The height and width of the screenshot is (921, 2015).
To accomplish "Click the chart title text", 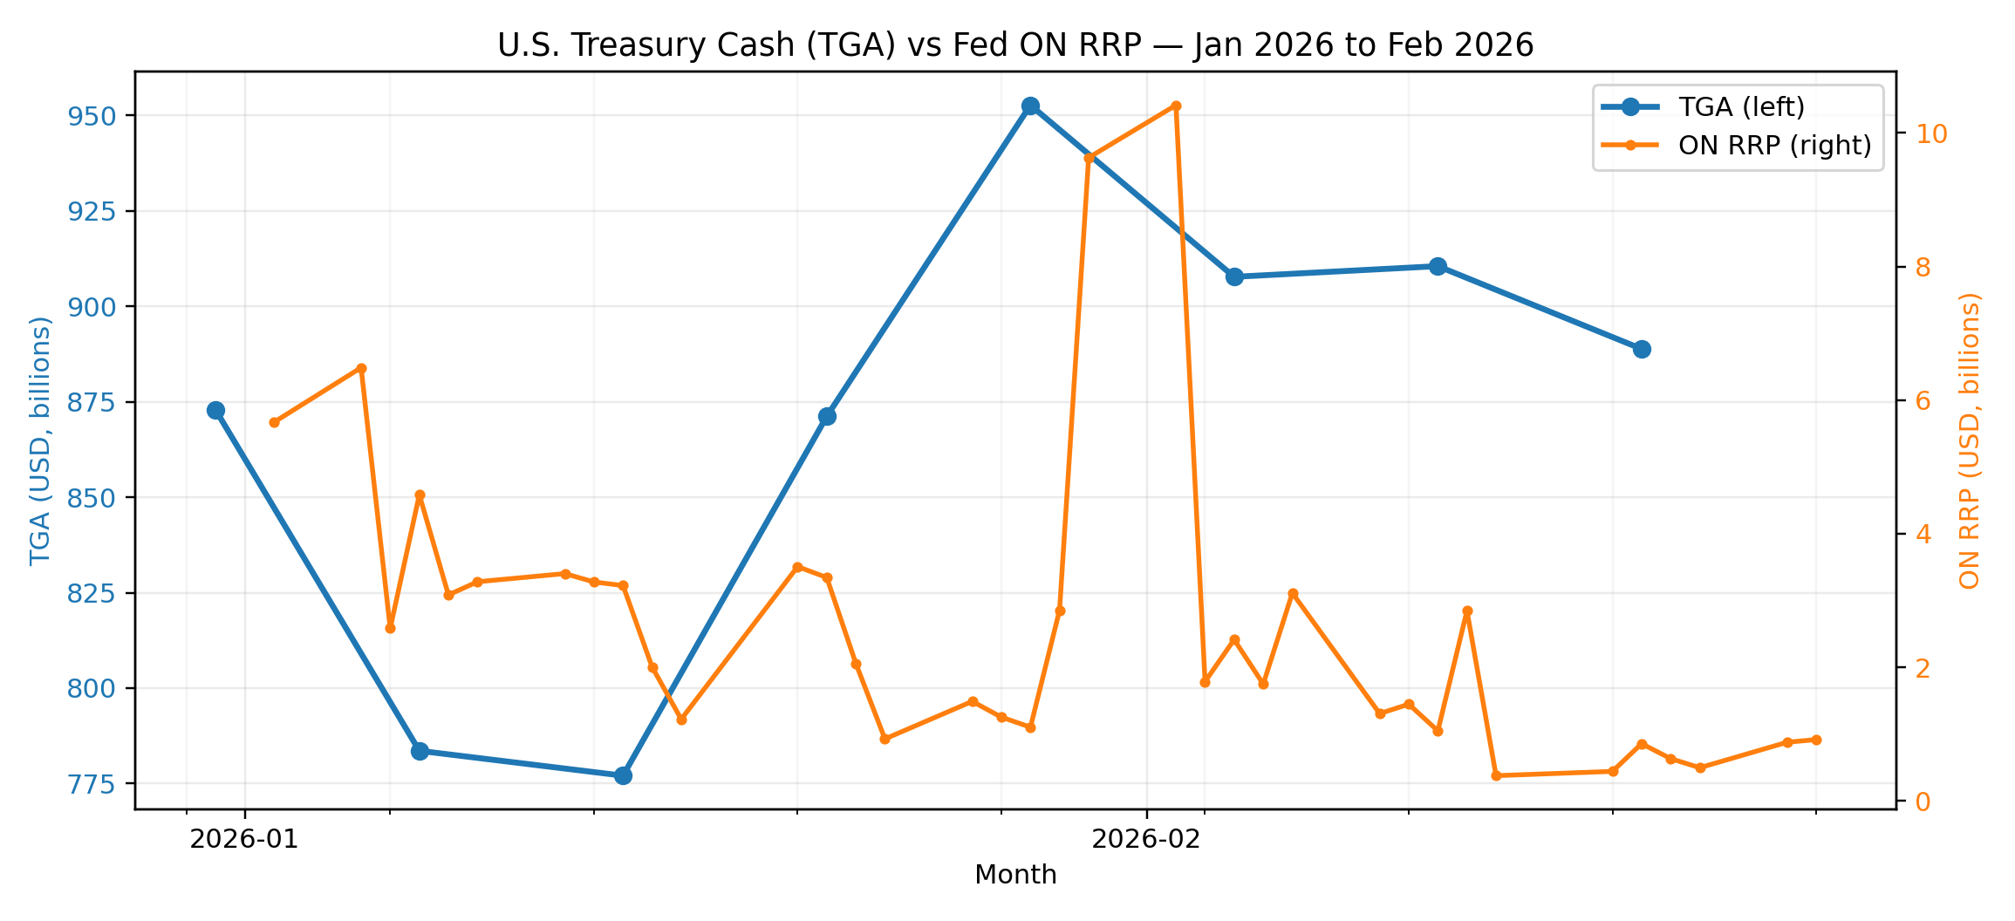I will [1015, 45].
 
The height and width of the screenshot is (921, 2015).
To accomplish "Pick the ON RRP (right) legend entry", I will [1774, 146].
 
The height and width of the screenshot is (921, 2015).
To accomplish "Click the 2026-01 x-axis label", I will [244, 839].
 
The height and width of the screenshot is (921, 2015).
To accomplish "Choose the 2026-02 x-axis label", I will [1146, 839].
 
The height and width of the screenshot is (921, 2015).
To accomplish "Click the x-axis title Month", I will [1015, 875].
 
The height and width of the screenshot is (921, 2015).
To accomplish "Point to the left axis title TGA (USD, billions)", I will [40, 441].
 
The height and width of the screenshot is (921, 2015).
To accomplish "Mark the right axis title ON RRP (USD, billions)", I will [1970, 441].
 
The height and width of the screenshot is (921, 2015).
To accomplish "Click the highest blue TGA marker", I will [1030, 106].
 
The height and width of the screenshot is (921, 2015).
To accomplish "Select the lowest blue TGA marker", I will [623, 775].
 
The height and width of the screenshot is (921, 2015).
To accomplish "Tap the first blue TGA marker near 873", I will [215, 411].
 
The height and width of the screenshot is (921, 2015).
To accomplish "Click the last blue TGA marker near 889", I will [1642, 350].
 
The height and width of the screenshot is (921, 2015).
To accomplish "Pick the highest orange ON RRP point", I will [1176, 106].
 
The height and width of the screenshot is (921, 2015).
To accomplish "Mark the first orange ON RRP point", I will [274, 422].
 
